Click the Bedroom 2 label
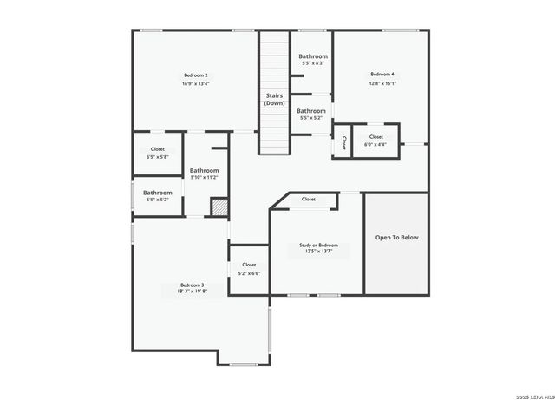(x=195, y=75)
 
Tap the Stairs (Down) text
(x=274, y=99)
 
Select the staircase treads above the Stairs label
(x=274, y=61)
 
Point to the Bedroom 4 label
(x=382, y=75)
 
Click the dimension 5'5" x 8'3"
(x=313, y=63)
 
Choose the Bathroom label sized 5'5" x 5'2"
(x=311, y=111)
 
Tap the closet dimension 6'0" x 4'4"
(x=375, y=145)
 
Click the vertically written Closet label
(x=343, y=142)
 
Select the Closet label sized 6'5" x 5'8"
(x=158, y=149)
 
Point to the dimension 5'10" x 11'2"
(x=204, y=178)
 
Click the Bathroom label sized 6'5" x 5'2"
(x=158, y=193)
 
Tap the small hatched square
(x=220, y=207)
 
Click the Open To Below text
(x=396, y=237)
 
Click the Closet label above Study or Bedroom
(x=309, y=200)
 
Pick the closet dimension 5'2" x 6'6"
(x=249, y=273)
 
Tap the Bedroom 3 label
(x=192, y=285)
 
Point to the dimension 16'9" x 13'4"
(x=195, y=84)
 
